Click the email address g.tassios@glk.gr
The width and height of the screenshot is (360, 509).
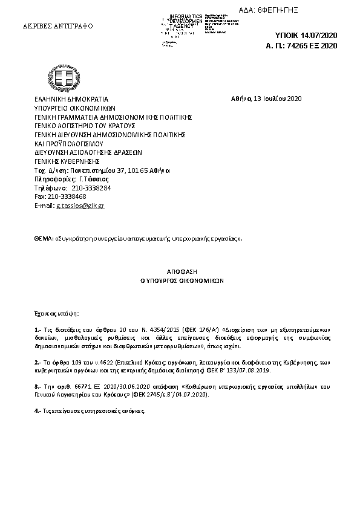[x=80, y=206]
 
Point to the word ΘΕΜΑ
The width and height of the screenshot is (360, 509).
[x=43, y=239]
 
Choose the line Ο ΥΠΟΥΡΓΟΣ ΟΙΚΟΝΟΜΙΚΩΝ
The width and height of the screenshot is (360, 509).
[x=179, y=281]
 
